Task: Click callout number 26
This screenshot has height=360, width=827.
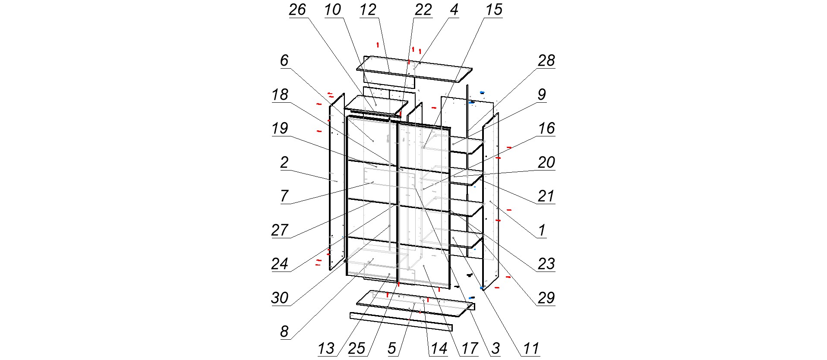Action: (x=297, y=10)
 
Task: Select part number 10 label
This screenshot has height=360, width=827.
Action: (x=333, y=10)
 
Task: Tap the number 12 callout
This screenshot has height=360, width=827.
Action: (x=368, y=10)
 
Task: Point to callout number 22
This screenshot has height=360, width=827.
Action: (x=423, y=10)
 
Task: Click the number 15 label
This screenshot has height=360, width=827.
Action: (x=494, y=10)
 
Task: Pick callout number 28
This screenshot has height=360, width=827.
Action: (x=546, y=61)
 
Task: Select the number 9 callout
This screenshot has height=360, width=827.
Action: (x=542, y=95)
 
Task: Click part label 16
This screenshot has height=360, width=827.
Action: (x=546, y=128)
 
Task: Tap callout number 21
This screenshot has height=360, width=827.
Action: (x=546, y=196)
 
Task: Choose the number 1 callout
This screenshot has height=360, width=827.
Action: (x=542, y=230)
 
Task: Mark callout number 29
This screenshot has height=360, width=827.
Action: (x=546, y=298)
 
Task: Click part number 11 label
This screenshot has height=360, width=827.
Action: (x=531, y=348)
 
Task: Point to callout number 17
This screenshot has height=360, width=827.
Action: (x=470, y=348)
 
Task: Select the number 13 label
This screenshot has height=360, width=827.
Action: (x=326, y=348)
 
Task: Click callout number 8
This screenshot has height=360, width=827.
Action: (x=284, y=332)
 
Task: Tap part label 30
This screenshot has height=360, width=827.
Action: (x=280, y=298)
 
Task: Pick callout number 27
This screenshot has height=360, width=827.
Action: (x=280, y=230)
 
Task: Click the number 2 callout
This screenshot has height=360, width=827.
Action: (x=284, y=163)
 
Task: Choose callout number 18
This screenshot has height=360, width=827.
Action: (x=280, y=95)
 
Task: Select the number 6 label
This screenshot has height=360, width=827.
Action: (x=284, y=61)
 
